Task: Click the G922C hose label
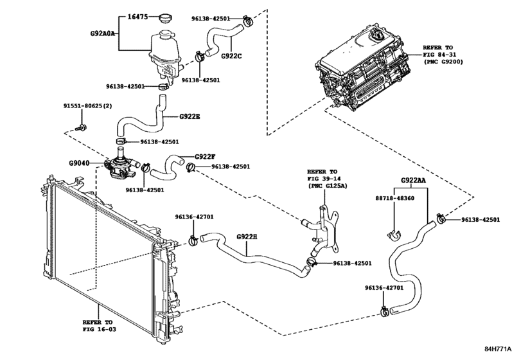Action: pos(231,55)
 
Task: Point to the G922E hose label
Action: pos(190,116)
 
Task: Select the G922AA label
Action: pos(414,181)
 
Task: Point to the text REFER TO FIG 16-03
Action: pos(96,325)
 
